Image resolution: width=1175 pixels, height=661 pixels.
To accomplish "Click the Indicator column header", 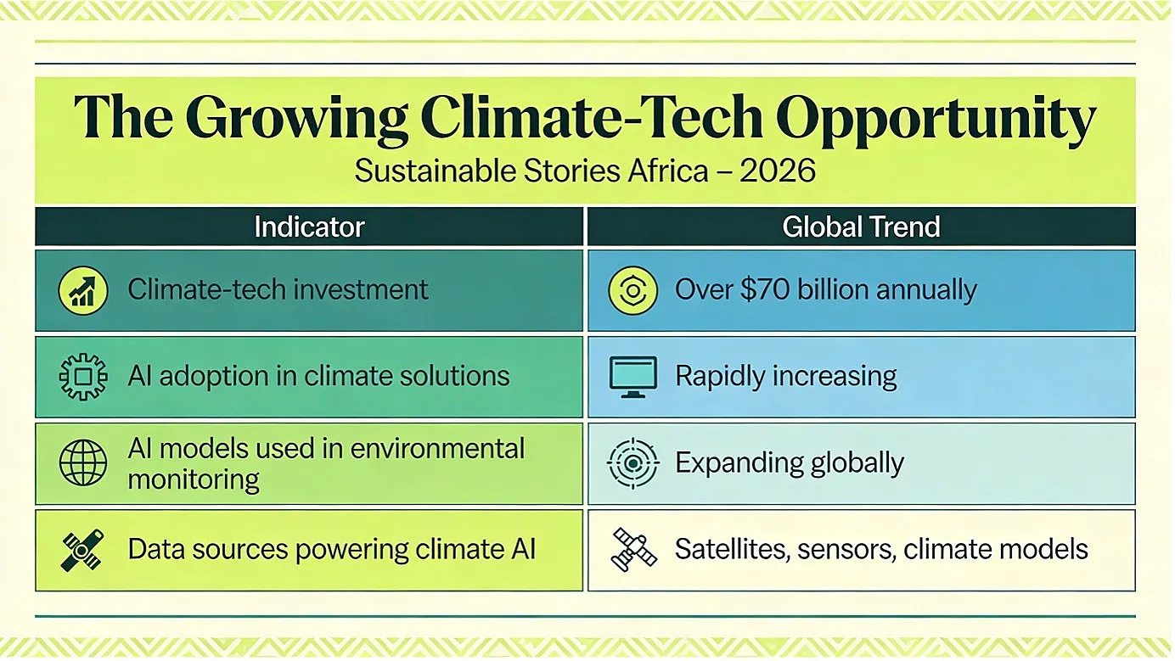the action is (309, 227).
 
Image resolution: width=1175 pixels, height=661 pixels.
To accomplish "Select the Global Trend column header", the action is (862, 227).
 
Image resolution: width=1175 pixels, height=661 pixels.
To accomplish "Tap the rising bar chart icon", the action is (83, 290).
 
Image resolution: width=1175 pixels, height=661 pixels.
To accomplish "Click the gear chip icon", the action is (83, 377).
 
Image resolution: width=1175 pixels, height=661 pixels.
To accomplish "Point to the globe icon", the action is (83, 462).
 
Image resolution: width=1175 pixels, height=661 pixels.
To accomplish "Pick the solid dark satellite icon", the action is (82, 550).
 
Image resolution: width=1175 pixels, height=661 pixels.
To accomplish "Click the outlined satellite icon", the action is (633, 549).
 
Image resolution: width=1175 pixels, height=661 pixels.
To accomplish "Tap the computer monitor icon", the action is (633, 377).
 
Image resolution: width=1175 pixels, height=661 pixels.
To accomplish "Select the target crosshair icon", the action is (633, 463).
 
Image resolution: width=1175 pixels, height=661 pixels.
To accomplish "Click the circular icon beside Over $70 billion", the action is (633, 290).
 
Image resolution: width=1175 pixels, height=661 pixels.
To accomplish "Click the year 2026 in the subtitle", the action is (778, 171).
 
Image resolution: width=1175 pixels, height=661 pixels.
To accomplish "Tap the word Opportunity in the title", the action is (936, 120).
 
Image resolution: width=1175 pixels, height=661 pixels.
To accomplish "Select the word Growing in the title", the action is (296, 120).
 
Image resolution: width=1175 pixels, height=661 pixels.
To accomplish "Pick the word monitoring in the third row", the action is (194, 480).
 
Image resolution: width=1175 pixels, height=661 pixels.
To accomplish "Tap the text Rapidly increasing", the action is (786, 377).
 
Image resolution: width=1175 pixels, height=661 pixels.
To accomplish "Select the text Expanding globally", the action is (790, 462).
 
